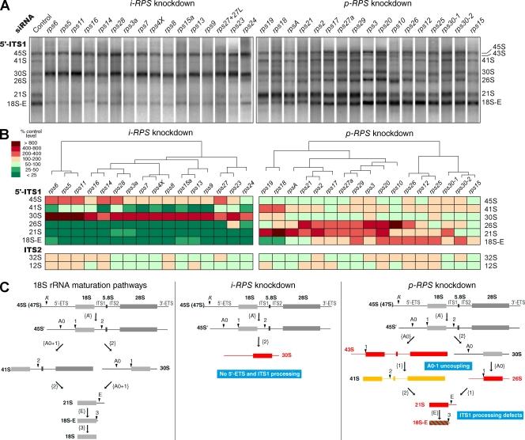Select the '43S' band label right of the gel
pos(511,53)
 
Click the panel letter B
pos(6,133)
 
